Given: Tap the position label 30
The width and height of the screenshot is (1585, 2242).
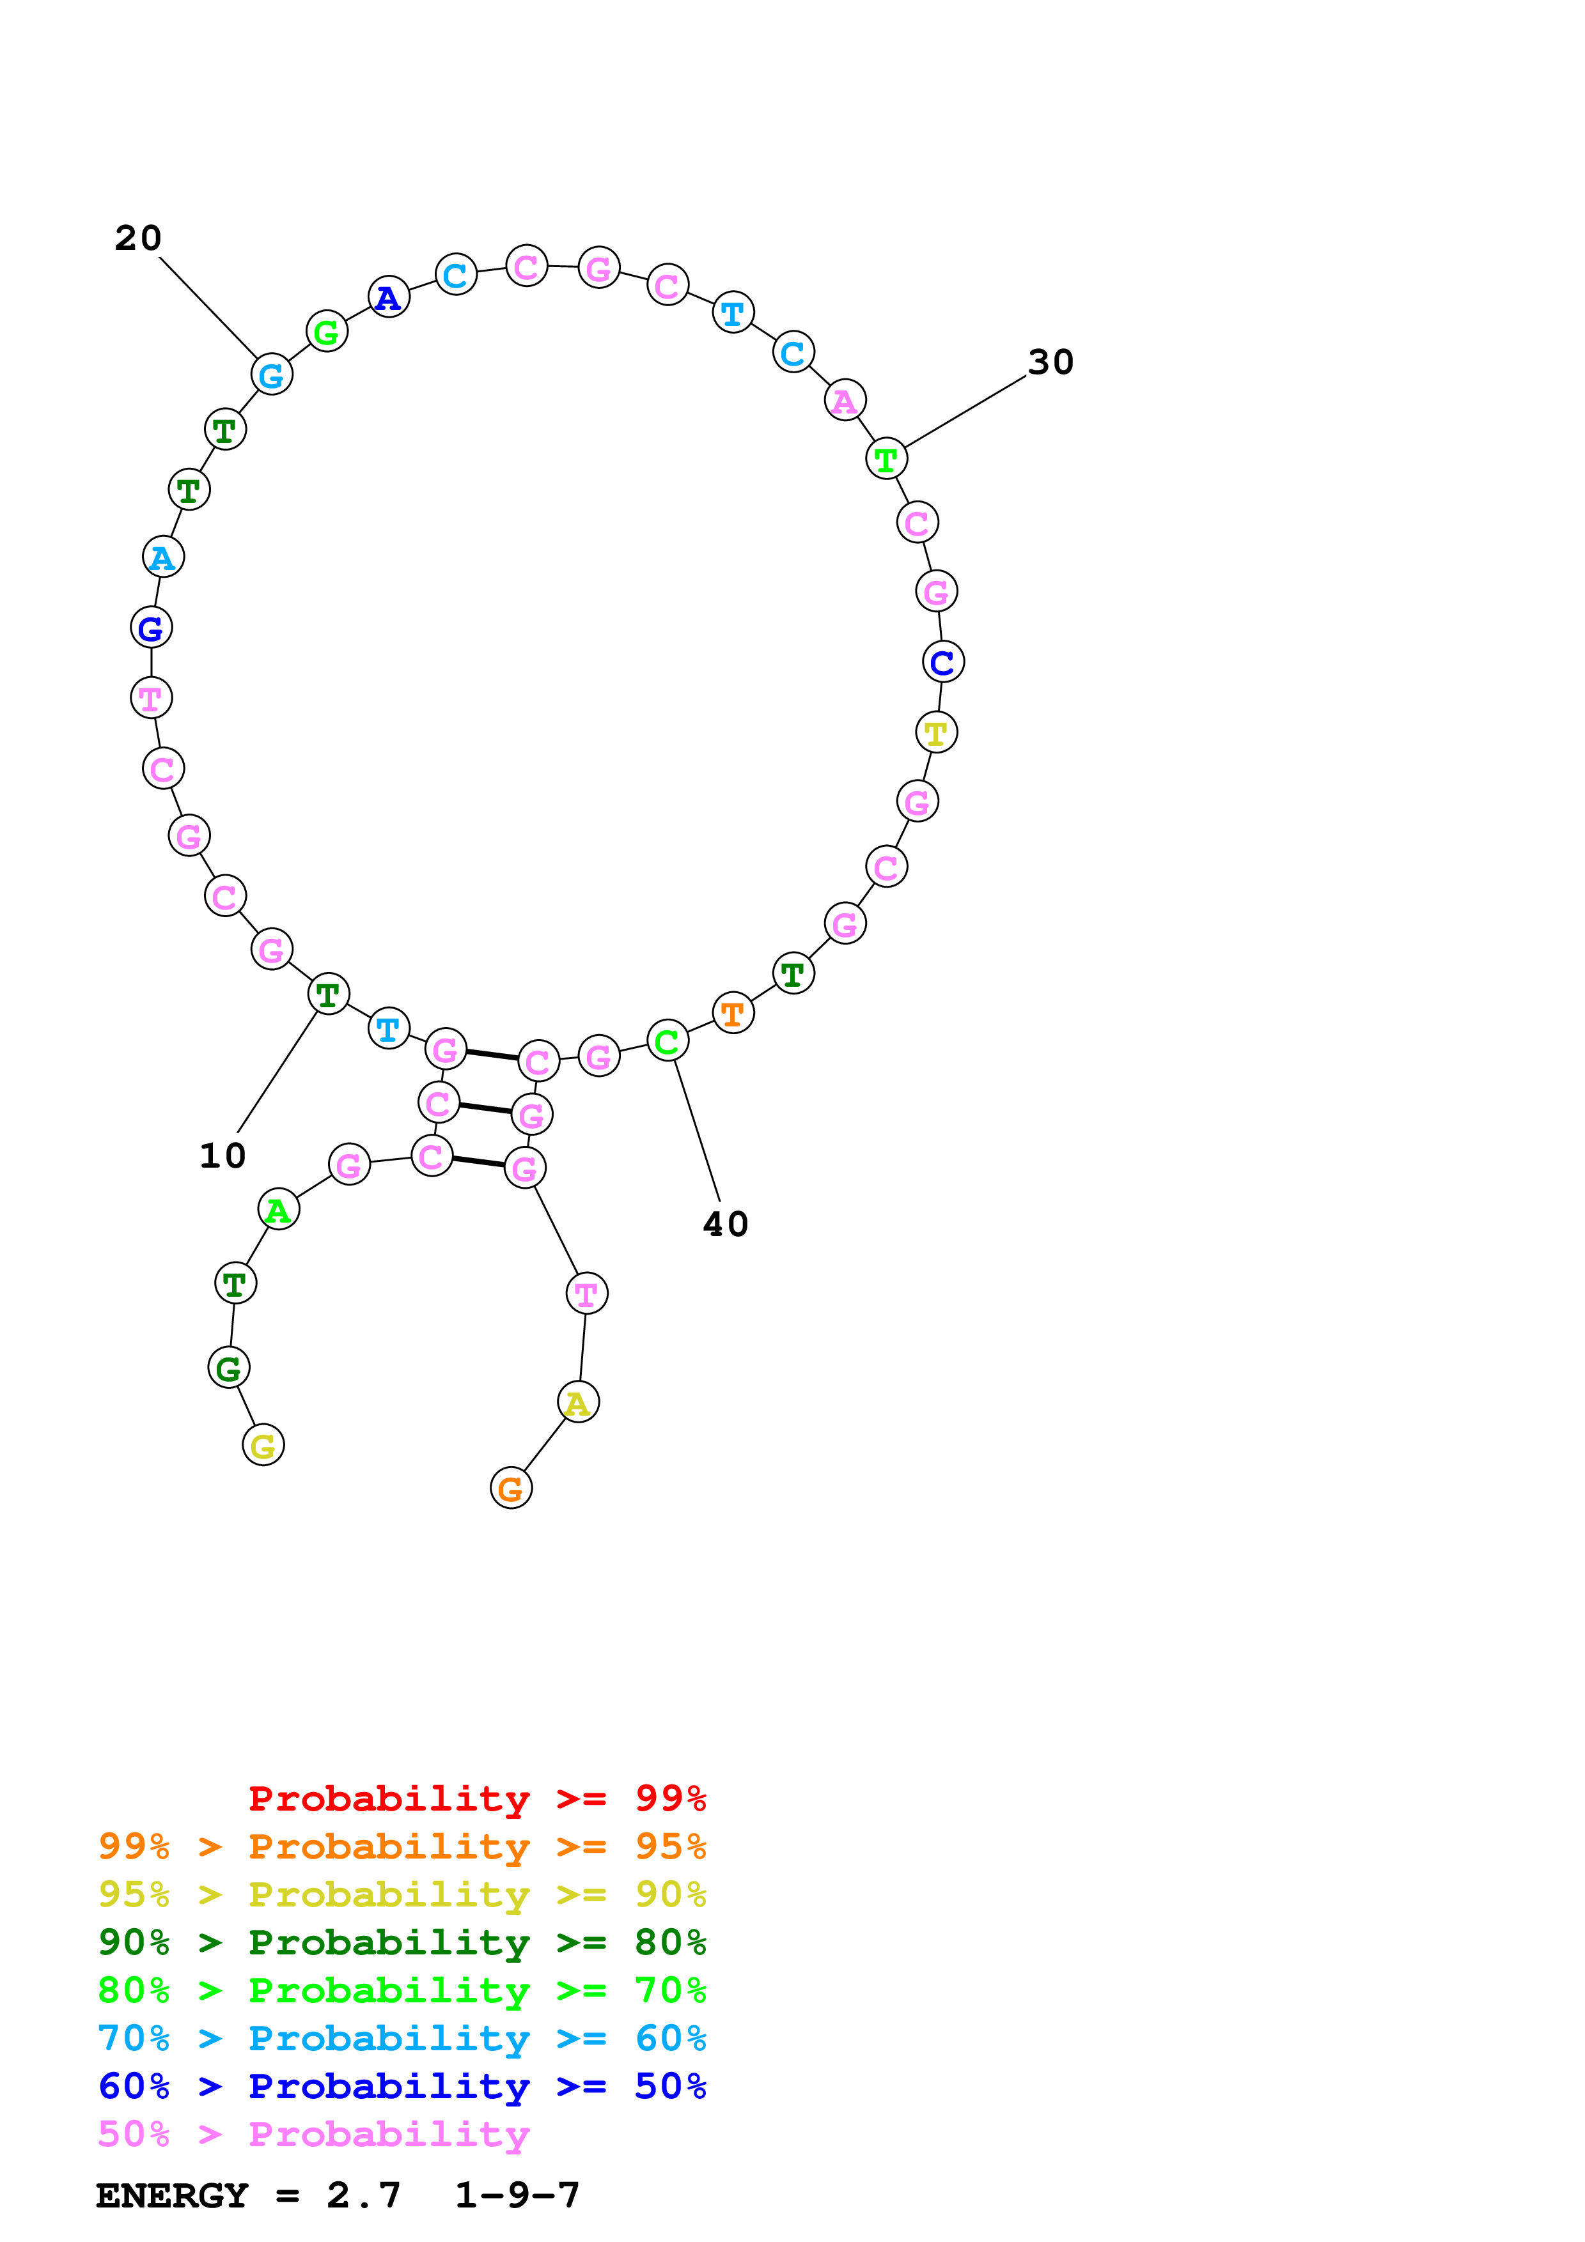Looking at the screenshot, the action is click(1051, 362).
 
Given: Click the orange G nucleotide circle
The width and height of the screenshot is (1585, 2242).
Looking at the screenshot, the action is click(511, 1488).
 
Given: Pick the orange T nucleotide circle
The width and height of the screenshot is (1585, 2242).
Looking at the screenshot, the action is click(733, 1014).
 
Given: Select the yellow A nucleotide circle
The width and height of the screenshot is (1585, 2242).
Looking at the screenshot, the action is click(578, 1402).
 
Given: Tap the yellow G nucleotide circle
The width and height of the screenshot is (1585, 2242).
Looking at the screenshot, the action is click(263, 1445).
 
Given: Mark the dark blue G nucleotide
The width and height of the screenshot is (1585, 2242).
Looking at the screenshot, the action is click(152, 628).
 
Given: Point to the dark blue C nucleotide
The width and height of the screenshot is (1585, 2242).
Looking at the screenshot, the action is click(943, 662).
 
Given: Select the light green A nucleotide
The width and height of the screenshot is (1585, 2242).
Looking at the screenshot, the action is click(278, 1210).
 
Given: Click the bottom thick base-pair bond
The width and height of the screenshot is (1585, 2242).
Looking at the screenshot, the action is click(478, 1161).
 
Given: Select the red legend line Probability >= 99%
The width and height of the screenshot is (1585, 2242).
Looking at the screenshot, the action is click(476, 1798).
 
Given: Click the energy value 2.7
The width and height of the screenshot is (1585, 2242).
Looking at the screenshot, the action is click(363, 2195).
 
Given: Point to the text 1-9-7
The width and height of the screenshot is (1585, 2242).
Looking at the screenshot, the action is click(518, 2195).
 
